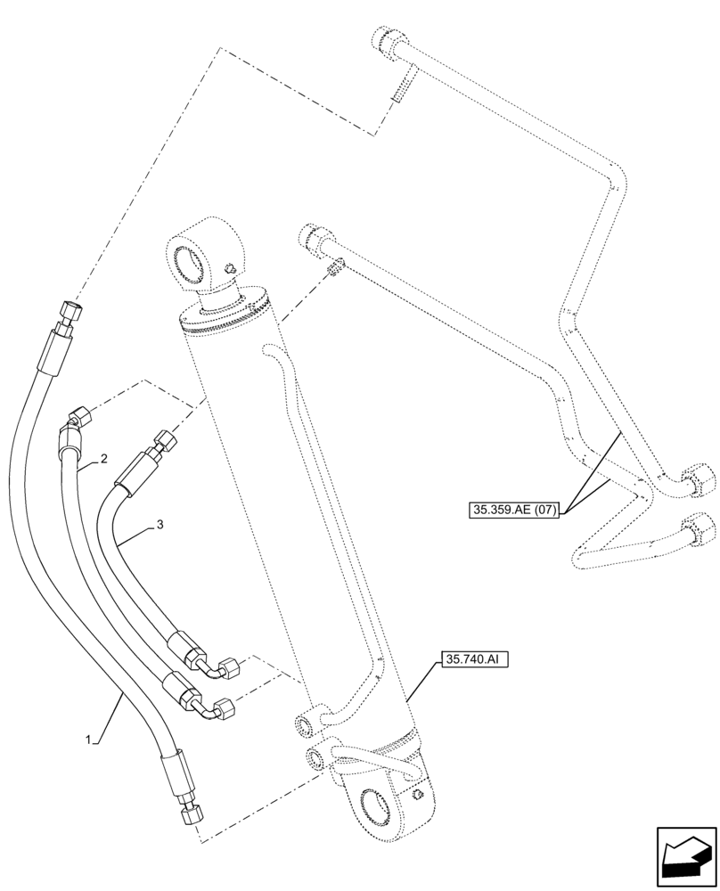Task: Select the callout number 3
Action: click(x=160, y=525)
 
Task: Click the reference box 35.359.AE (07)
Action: click(x=512, y=511)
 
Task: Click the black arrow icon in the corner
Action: click(x=686, y=856)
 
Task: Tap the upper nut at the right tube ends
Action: click(x=699, y=483)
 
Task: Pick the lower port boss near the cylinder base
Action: click(x=315, y=758)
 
